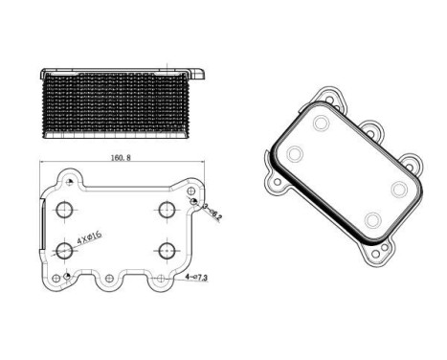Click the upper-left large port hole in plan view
tap(66, 211)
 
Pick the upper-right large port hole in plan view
tap(167, 211)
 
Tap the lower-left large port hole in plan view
tap(66, 251)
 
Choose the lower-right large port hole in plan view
tap(167, 251)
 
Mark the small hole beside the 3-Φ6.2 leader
tap(193, 203)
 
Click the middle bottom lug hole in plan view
tap(110, 280)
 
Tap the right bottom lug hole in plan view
tap(155, 280)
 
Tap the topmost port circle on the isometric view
tap(321, 124)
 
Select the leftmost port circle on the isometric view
tap(295, 154)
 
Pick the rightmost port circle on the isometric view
tap(398, 189)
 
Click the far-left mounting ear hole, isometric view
tap(277, 179)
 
